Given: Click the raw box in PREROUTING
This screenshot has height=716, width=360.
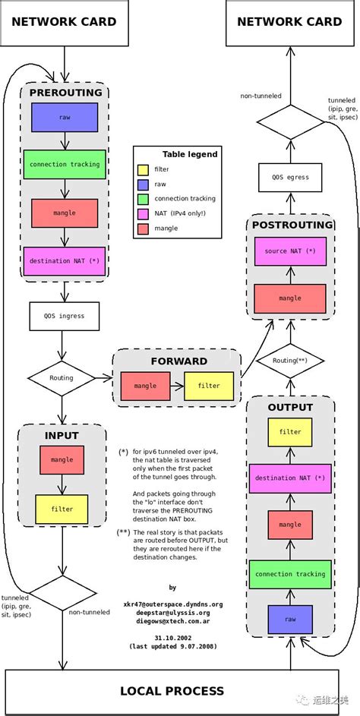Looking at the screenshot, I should (65, 118).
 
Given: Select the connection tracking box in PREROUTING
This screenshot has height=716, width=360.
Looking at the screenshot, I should (65, 164).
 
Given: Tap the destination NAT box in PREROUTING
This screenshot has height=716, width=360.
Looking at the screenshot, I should (65, 260).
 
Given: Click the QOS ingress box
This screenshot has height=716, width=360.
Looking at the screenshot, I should (65, 316).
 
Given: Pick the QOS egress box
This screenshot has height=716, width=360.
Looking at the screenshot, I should (290, 177).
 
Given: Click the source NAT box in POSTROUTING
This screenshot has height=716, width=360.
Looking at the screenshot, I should (290, 251).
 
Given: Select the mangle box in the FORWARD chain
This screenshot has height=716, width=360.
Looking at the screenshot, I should (145, 386).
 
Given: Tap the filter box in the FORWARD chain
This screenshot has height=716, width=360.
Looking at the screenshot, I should (209, 386).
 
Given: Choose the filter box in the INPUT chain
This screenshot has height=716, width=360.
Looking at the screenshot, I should (62, 509).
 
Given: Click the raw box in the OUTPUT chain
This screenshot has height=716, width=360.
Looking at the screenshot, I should (290, 620).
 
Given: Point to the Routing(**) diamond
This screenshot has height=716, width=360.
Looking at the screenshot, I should (290, 361).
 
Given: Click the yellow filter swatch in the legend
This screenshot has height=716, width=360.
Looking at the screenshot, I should (142, 170).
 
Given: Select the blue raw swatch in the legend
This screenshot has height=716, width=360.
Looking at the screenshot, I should (142, 185).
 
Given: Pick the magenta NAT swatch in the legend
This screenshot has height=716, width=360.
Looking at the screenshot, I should (142, 213).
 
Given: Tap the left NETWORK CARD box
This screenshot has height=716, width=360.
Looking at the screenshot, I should (65, 22).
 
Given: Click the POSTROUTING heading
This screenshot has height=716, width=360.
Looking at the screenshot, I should (292, 225).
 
